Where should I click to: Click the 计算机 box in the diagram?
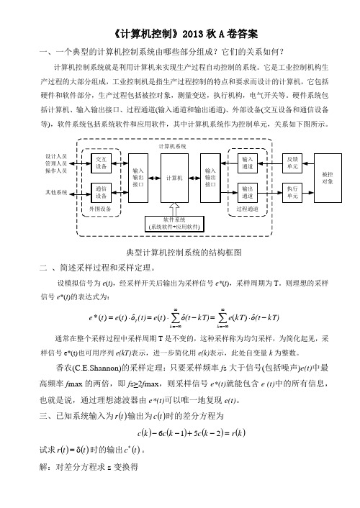pos(174,178)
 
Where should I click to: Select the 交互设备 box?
pos(101,163)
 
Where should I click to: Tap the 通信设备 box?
pos(101,192)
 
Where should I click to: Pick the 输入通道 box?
pos(248,163)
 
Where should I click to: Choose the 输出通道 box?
pos(248,192)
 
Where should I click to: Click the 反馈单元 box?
pos(292,163)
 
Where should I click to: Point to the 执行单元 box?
pos(292,192)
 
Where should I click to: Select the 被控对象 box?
pos(328,178)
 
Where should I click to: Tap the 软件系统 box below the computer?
pos(174,224)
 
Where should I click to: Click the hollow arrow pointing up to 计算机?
pos(174,209)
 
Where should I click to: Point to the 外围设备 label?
pos(100,209)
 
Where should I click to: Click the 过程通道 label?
pos(247,209)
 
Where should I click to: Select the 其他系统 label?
pos(56,192)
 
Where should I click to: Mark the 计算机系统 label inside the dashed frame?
pos(173,147)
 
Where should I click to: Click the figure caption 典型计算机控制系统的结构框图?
pos(184,253)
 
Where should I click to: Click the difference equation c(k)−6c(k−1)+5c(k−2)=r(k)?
pos(192,433)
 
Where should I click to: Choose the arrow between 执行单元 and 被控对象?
pos(307,193)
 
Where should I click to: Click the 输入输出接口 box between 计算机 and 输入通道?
pos(210,178)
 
